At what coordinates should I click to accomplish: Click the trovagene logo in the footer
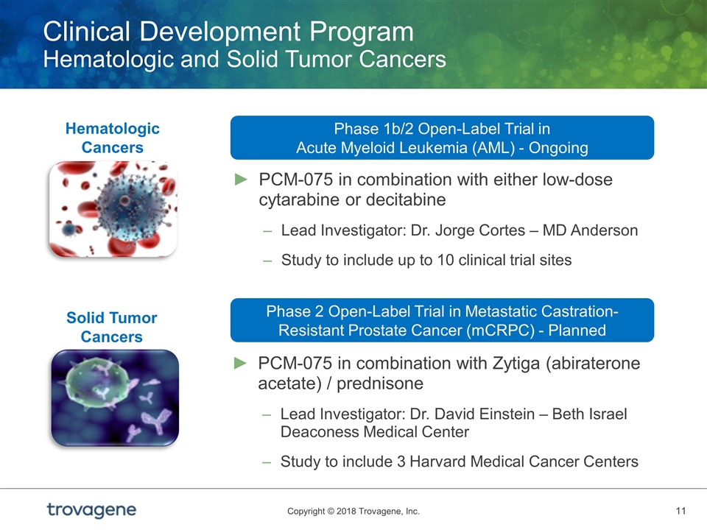(91, 509)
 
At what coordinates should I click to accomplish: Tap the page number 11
(680, 511)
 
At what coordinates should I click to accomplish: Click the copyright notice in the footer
(353, 511)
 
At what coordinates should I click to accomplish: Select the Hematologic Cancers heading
(112, 138)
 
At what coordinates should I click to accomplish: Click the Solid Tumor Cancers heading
(112, 327)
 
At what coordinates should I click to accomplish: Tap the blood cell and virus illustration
(113, 209)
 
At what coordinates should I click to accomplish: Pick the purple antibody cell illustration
(115, 398)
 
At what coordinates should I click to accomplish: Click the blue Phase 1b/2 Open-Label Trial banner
(442, 138)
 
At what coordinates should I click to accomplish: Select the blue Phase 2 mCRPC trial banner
(442, 320)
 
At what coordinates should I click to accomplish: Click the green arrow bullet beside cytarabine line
(242, 180)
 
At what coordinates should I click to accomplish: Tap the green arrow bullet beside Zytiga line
(241, 363)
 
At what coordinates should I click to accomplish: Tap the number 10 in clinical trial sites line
(446, 260)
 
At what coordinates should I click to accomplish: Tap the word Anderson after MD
(604, 230)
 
